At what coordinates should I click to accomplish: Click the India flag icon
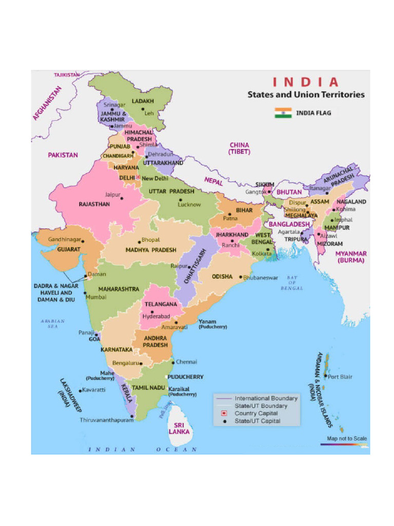coord(283,113)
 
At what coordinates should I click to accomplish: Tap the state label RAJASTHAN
coord(94,204)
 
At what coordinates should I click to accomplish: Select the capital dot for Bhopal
coord(139,241)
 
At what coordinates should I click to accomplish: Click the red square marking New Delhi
coord(137,177)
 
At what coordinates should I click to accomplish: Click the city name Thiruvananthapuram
coord(105,420)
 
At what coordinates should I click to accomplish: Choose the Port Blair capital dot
coord(325,376)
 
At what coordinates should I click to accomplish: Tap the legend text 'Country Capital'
coord(256,413)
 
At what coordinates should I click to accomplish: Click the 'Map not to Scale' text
coord(347,438)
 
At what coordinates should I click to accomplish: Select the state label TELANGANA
coord(161,304)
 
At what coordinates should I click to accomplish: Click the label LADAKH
coord(143,101)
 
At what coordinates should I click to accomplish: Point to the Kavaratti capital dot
coord(81,390)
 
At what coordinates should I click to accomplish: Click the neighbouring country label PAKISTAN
coord(63,155)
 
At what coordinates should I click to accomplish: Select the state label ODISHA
coord(222,276)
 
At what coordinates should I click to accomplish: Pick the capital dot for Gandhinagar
coord(83,240)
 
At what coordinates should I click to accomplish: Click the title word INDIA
coord(305,82)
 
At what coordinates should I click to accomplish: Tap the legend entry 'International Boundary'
coord(266,398)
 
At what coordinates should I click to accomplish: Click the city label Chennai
coord(186,362)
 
